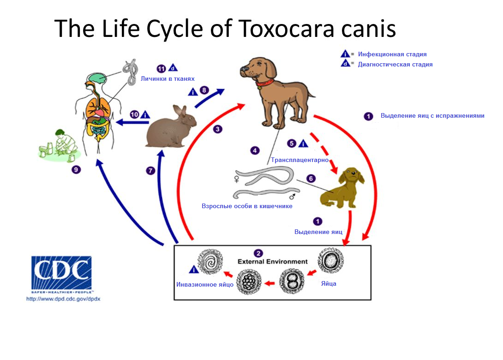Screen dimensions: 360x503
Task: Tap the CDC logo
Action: (61, 273)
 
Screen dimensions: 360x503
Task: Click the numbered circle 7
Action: (150, 171)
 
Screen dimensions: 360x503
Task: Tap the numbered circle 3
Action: (218, 129)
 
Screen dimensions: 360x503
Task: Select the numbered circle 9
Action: (76, 170)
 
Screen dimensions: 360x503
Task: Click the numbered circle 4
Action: (255, 150)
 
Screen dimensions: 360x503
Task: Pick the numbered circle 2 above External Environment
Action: (258, 253)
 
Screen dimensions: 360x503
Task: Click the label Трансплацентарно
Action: (299, 160)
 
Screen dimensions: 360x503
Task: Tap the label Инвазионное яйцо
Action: (204, 284)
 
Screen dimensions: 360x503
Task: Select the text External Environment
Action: (272, 262)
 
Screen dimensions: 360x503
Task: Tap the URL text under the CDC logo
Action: (63, 299)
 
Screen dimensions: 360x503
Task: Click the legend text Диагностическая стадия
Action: (395, 65)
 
